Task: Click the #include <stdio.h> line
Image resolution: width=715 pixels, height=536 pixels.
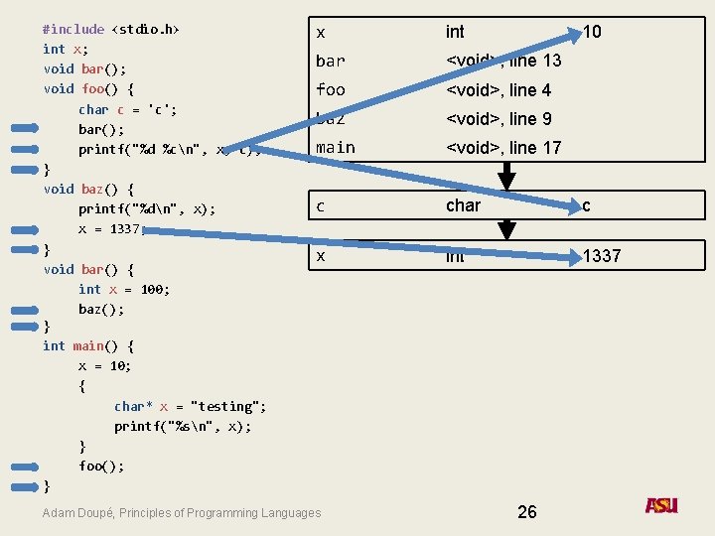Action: [111, 29]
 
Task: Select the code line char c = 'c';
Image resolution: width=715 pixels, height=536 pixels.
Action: [127, 109]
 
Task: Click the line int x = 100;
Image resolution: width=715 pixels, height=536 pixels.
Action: [124, 289]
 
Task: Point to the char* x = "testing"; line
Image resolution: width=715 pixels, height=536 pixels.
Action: [190, 406]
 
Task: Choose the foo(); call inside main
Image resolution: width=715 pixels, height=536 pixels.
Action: [101, 466]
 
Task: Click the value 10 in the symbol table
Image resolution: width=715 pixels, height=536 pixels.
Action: [592, 32]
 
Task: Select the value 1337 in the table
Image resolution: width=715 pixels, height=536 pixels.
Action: [602, 256]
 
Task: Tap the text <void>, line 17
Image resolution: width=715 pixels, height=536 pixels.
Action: [503, 148]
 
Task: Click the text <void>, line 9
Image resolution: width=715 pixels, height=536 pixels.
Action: [499, 119]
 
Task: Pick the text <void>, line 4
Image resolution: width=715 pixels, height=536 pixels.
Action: [499, 90]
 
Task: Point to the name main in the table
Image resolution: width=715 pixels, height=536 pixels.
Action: [335, 148]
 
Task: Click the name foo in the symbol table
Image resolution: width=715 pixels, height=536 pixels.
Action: [330, 90]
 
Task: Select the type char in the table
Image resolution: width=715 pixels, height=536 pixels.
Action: [463, 206]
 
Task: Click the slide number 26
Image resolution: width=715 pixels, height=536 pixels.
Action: [527, 511]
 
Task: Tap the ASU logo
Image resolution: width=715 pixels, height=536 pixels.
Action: [661, 506]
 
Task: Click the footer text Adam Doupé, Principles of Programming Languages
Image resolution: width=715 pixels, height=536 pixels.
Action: [182, 513]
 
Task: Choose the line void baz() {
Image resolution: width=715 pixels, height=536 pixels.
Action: [88, 189]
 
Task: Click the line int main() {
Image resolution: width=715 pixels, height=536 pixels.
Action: [88, 346]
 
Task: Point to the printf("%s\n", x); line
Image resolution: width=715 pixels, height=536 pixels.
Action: [183, 426]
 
